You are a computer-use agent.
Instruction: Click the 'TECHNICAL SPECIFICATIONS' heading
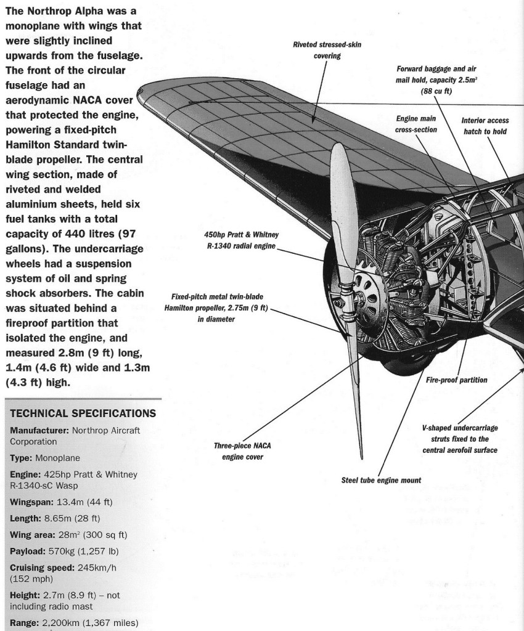coord(83,413)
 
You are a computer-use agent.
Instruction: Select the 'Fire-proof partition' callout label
coord(456,380)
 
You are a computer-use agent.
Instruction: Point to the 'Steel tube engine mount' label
coord(381,480)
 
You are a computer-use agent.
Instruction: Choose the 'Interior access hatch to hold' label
coord(485,126)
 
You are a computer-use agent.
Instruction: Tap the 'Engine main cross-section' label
coord(416,124)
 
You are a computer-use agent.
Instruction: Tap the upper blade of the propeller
coord(341,203)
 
